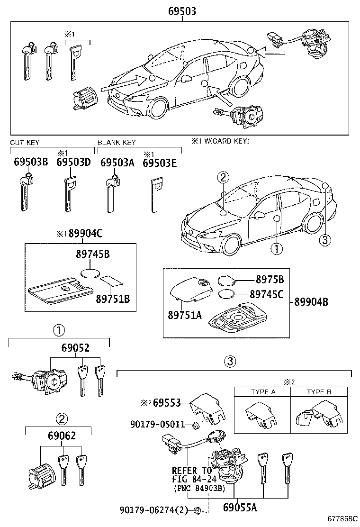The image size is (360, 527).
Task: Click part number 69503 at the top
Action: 182,11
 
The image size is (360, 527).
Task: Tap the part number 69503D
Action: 73,163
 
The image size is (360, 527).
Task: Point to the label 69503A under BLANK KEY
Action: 117,163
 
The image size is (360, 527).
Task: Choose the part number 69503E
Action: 160,163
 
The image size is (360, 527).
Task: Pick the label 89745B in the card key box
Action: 92,254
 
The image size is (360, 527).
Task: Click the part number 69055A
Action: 240,508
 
